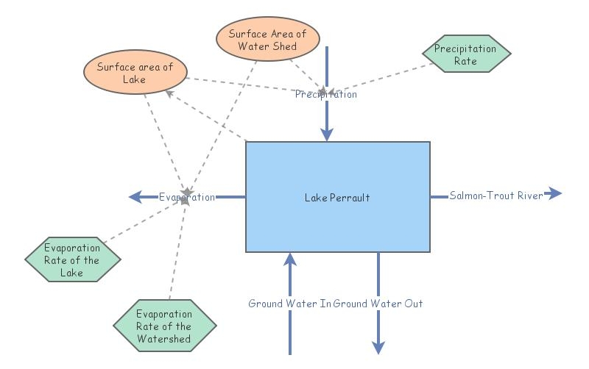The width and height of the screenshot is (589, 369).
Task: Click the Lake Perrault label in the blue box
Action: (337, 198)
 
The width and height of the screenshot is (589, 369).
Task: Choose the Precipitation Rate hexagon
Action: (465, 55)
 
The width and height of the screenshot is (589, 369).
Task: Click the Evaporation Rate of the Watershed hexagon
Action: (163, 326)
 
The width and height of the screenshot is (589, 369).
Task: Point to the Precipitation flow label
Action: (326, 94)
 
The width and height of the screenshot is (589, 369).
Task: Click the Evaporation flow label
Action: (187, 197)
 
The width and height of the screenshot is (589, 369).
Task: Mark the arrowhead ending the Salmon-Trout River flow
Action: (554, 194)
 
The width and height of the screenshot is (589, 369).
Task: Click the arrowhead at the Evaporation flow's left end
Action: (135, 197)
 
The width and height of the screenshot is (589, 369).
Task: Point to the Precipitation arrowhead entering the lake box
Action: (326, 134)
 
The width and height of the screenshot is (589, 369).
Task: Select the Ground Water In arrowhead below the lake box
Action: (290, 259)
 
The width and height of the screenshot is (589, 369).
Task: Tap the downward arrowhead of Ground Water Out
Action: (378, 347)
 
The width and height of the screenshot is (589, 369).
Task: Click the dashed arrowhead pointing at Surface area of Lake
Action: (169, 93)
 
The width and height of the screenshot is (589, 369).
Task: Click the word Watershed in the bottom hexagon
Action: (163, 339)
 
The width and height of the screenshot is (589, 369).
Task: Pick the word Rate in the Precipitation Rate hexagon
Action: (465, 62)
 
